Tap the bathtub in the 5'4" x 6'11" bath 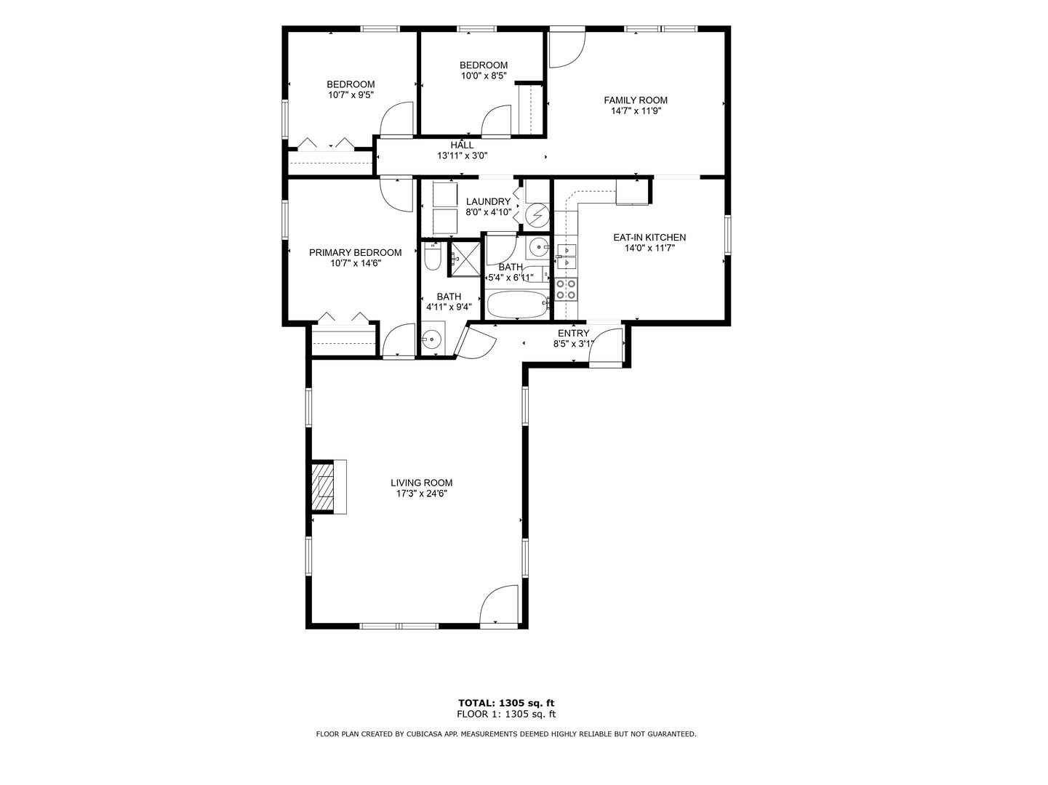pyautogui.click(x=516, y=305)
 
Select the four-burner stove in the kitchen pyautogui.click(x=566, y=289)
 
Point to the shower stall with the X pyautogui.click(x=463, y=257)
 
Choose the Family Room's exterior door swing pyautogui.click(x=566, y=47)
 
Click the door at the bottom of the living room pyautogui.click(x=498, y=605)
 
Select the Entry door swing pyautogui.click(x=605, y=346)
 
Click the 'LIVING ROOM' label pyautogui.click(x=421, y=483)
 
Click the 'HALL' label pyautogui.click(x=462, y=145)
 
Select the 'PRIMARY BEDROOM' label pyautogui.click(x=355, y=253)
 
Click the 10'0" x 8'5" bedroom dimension pyautogui.click(x=483, y=76)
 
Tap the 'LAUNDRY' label pyautogui.click(x=488, y=202)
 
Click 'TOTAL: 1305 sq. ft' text pyautogui.click(x=505, y=703)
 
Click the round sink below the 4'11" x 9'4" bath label pyautogui.click(x=433, y=339)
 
